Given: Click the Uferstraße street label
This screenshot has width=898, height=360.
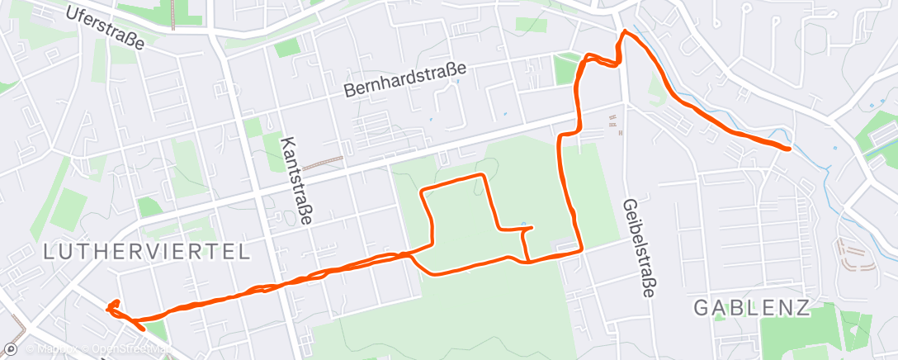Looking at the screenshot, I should pyautogui.click(x=105, y=29).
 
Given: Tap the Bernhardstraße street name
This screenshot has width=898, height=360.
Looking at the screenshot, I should pyautogui.click(x=406, y=80).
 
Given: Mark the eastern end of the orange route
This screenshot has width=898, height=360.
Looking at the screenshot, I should pyautogui.click(x=789, y=149).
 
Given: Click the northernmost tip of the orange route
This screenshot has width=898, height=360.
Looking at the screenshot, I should pyautogui.click(x=625, y=32).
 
